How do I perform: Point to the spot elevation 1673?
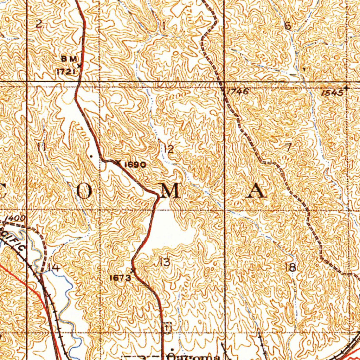pyautogui.click(x=120, y=278)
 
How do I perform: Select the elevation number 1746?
pyautogui.click(x=238, y=92)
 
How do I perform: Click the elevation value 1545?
pyautogui.click(x=332, y=93)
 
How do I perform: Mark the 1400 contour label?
pyautogui.click(x=15, y=218)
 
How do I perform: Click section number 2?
pyautogui.click(x=39, y=24)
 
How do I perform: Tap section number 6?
pyautogui.click(x=288, y=26)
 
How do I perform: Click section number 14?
pyautogui.click(x=53, y=268)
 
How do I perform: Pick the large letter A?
pyautogui.click(x=256, y=192)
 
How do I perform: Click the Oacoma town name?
pyautogui.click(x=193, y=356)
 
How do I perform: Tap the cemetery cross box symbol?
pyautogui.click(x=167, y=327)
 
